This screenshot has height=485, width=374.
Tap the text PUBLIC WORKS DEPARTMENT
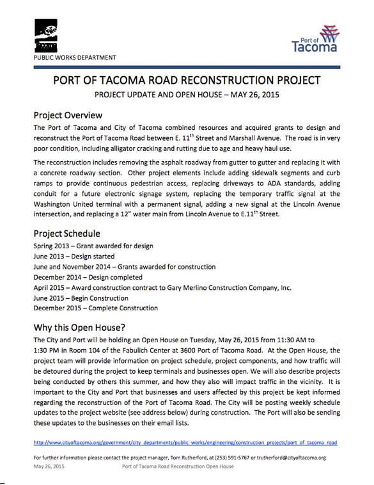click(75, 58)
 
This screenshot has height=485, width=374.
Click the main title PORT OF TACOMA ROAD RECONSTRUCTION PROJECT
click(186, 81)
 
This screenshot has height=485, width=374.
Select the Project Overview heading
click(68, 115)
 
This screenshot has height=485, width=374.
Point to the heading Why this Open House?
click(83, 328)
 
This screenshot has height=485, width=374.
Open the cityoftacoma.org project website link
click(185, 442)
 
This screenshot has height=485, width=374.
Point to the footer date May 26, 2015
click(50, 466)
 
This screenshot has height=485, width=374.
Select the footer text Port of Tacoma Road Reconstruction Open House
click(177, 466)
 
